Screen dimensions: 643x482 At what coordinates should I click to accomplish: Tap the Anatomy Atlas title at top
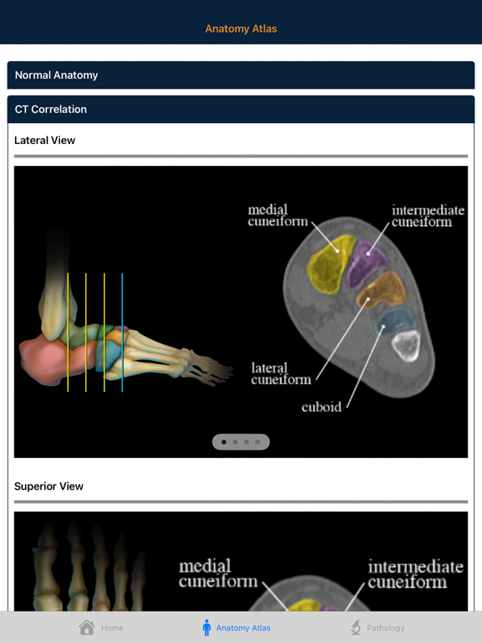point(241,28)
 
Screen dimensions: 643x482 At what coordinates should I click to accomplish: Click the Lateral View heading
point(44,141)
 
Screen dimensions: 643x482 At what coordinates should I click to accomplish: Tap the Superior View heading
point(49,486)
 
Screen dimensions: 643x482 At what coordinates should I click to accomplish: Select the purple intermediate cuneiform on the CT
point(366,261)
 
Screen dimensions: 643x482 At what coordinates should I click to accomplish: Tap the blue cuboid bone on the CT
point(397,320)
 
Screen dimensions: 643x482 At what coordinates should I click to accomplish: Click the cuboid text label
point(321,407)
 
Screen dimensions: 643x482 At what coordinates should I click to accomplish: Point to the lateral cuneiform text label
point(280,373)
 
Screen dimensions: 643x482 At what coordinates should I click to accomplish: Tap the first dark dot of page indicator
point(223,442)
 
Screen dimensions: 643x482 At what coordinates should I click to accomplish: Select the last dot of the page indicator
point(258,442)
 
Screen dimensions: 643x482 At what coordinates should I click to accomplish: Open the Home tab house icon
point(86,627)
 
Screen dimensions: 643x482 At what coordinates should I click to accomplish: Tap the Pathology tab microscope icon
point(356,627)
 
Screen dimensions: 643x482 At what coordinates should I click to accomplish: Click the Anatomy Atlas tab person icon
point(207,627)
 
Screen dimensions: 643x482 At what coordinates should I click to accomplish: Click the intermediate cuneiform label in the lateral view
point(428,216)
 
